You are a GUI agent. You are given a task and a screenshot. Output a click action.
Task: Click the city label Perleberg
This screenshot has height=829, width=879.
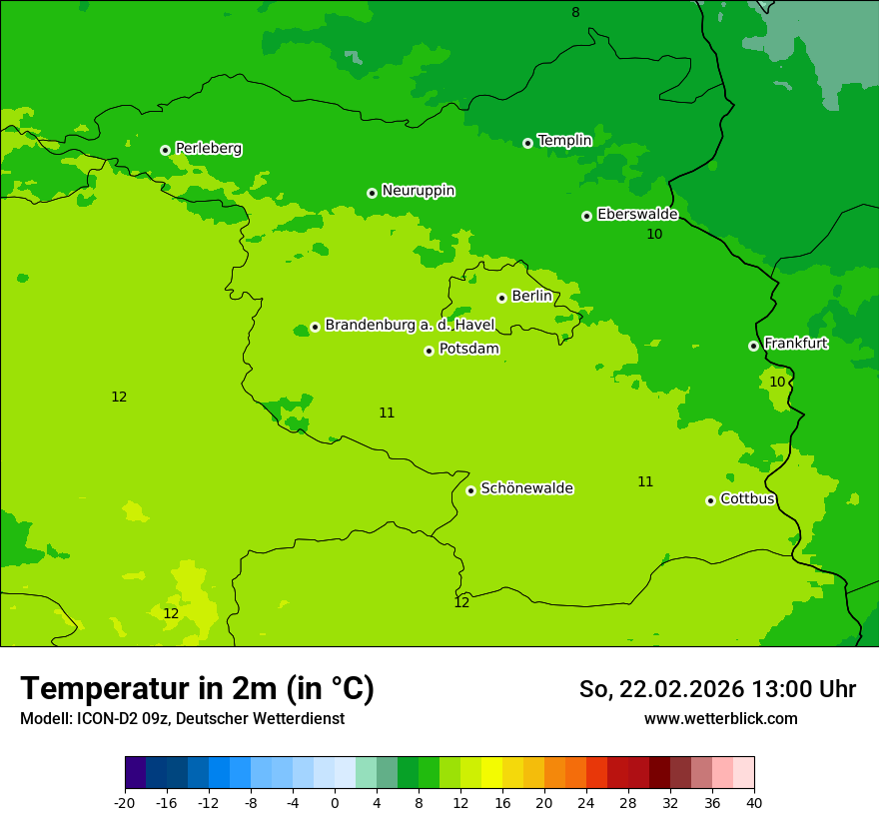[x=208, y=149]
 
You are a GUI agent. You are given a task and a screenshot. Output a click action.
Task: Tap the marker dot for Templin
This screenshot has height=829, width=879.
[x=527, y=143]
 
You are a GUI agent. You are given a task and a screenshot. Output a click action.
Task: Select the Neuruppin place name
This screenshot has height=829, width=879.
[x=418, y=191]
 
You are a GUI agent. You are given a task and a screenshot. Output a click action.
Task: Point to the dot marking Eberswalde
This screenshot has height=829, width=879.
[x=586, y=216]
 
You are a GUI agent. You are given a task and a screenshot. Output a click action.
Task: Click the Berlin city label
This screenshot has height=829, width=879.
[x=531, y=297]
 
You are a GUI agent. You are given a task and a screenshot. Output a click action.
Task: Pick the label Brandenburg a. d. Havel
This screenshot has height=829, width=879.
[x=410, y=325]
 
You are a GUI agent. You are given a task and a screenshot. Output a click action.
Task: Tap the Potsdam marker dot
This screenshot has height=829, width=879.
[x=429, y=351]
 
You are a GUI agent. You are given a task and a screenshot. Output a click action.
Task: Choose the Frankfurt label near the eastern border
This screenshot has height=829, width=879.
[x=795, y=344]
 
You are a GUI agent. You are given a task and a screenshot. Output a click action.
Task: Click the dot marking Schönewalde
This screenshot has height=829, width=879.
[x=470, y=490]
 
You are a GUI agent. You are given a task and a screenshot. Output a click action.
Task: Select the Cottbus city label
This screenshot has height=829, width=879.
[x=747, y=498]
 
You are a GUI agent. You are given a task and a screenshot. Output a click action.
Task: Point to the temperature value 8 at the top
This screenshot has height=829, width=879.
[x=575, y=13]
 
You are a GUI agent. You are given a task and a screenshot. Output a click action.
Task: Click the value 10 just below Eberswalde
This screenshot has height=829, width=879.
[x=654, y=235]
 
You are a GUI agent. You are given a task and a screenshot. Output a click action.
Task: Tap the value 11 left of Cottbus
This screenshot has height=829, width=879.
[x=645, y=482]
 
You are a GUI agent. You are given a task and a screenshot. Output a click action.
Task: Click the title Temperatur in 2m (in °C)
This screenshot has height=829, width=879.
[x=197, y=689]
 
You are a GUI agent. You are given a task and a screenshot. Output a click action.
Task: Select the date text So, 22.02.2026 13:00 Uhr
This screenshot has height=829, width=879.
[x=717, y=690]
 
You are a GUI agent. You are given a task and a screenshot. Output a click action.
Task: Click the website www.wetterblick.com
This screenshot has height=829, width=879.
[x=720, y=719]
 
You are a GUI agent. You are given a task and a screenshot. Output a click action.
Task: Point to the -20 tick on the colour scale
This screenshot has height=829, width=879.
[x=125, y=803]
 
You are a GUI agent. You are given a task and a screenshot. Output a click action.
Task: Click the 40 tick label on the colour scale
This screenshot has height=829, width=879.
[x=753, y=803]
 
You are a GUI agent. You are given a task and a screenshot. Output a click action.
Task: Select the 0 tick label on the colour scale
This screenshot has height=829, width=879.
[x=335, y=803]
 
